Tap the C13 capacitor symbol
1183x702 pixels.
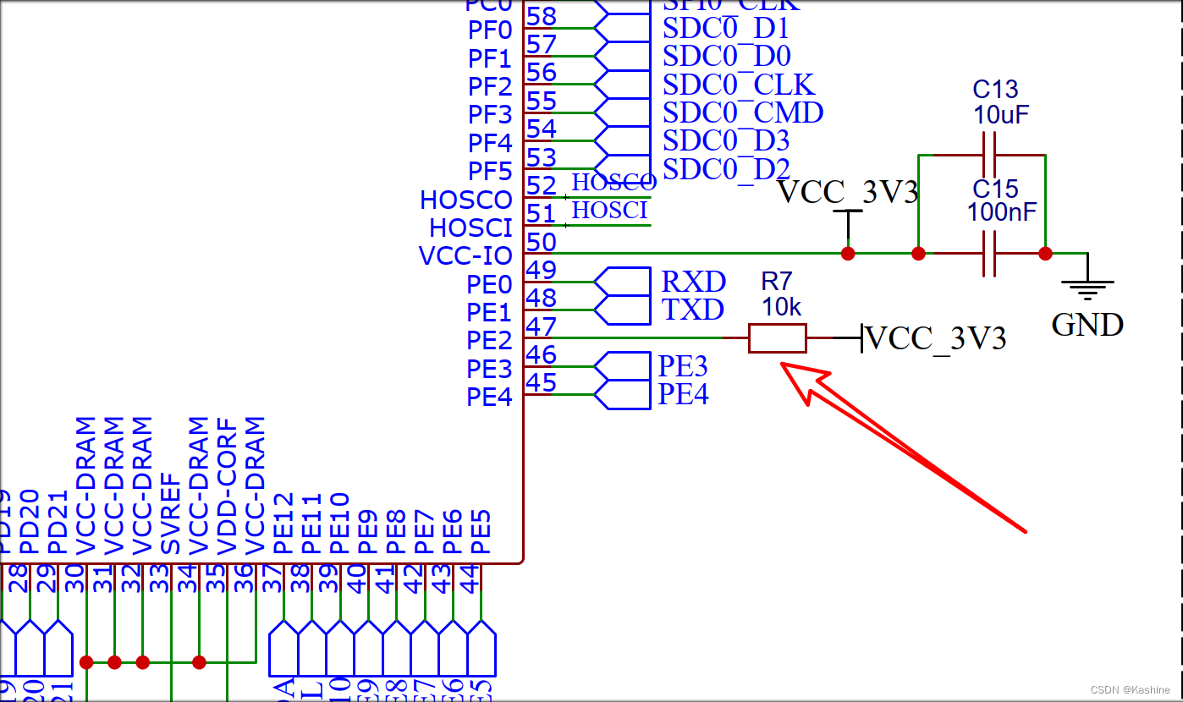pos(989,155)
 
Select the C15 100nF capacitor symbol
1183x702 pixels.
pos(989,253)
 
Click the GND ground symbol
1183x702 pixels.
pos(1087,290)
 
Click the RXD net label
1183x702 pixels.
pos(693,282)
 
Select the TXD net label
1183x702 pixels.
pos(693,310)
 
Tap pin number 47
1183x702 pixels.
pos(542,326)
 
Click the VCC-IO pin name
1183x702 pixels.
pos(465,255)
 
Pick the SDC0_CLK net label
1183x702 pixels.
pos(739,85)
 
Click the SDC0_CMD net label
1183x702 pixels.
pos(743,112)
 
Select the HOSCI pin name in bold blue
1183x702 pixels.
pos(470,228)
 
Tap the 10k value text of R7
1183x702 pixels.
pos(781,307)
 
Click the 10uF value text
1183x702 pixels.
pos(1001,116)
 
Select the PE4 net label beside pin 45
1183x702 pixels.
pos(683,394)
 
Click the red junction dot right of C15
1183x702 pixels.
pos(1045,253)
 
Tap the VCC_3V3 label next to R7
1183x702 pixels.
pos(937,338)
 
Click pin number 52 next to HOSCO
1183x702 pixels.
pos(542,184)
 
